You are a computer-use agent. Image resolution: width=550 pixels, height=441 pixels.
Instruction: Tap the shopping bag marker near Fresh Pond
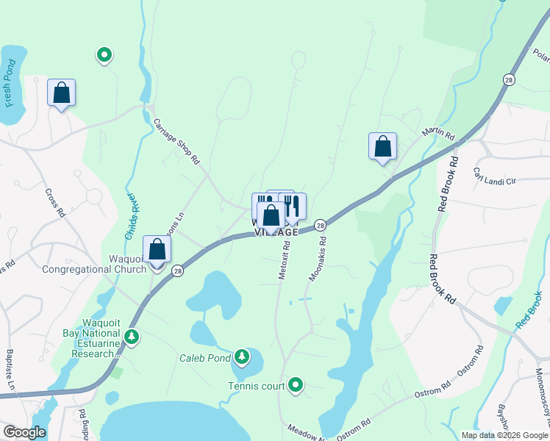61,93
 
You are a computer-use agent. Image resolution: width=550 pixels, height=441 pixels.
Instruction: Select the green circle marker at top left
104,54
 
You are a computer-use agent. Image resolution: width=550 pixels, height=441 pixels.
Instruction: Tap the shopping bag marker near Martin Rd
382,146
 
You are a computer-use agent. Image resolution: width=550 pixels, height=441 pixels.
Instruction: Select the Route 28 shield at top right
508,79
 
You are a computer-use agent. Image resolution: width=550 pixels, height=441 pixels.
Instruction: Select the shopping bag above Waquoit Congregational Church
157,249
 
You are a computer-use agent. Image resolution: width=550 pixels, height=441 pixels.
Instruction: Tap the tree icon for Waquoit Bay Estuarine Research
132,337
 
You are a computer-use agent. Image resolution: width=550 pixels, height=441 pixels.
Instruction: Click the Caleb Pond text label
202,359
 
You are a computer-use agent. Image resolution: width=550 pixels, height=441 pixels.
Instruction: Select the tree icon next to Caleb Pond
241,358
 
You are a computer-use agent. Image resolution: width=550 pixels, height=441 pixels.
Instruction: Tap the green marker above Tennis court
296,384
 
